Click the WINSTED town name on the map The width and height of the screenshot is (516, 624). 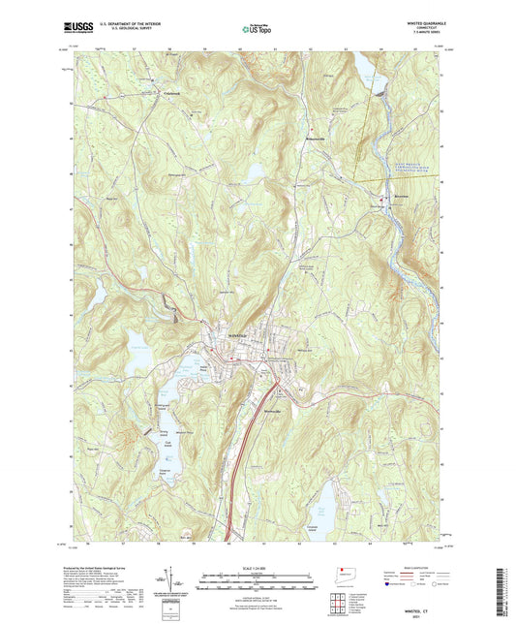(x=238, y=334)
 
